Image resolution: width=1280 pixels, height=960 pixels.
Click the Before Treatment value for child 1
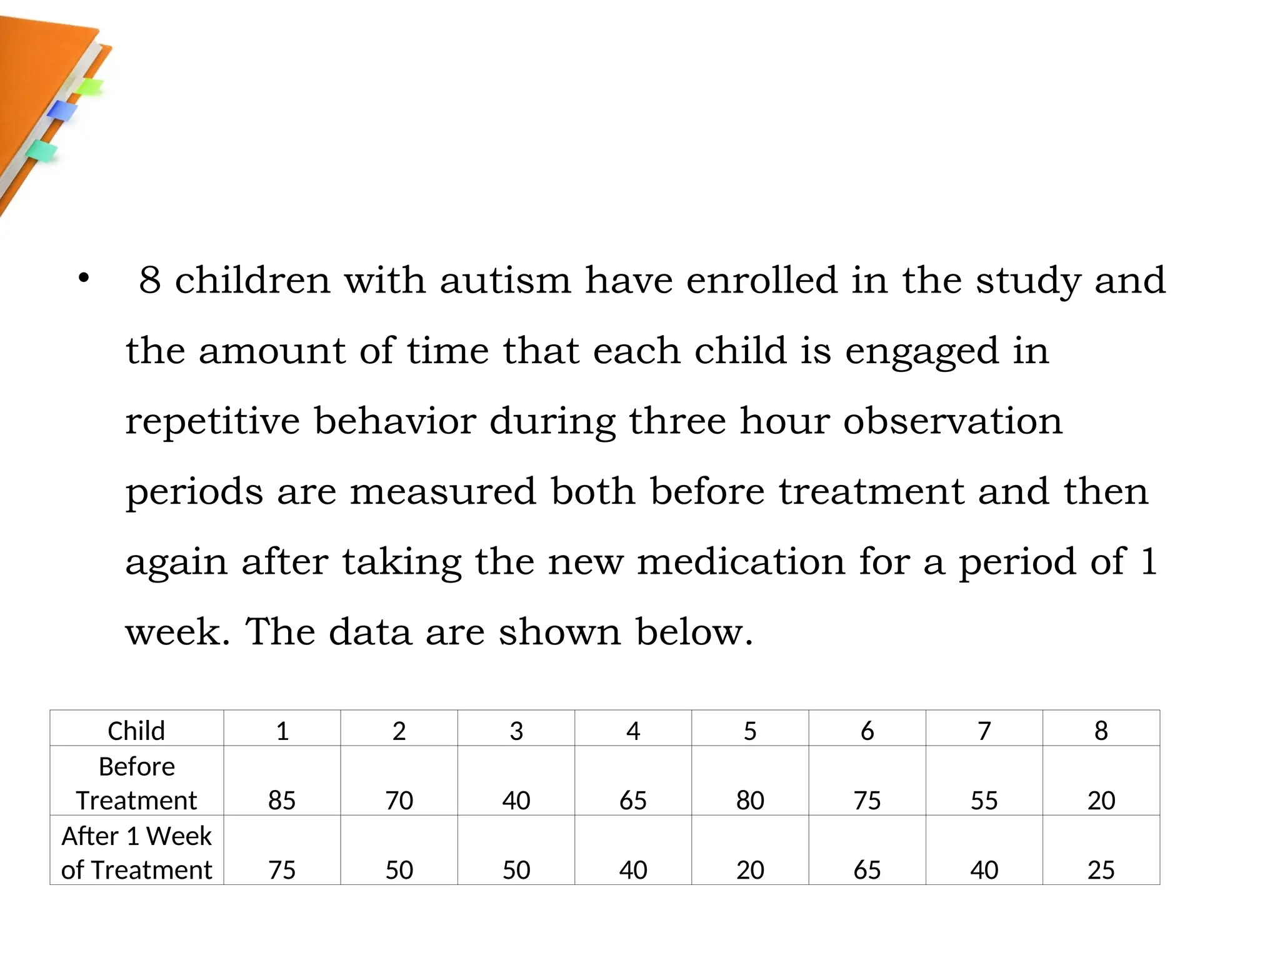point(282,800)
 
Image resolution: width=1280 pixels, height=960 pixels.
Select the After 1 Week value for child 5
point(750,869)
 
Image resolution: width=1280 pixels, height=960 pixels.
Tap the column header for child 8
point(1101,731)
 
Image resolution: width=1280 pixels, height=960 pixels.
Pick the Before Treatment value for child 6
point(867,800)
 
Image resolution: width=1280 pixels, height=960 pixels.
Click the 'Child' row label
point(136,731)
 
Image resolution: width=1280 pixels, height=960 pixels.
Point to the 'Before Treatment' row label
point(136,783)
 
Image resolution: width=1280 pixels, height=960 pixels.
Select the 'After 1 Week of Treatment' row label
point(136,852)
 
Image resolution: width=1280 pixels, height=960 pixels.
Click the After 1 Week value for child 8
point(1101,869)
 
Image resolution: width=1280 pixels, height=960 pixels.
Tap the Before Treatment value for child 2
point(399,800)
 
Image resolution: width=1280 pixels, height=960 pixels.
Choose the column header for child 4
point(633,731)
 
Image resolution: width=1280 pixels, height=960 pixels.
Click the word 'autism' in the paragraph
point(505,280)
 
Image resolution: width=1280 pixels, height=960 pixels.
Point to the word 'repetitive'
point(212,421)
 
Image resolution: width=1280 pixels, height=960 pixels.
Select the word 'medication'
point(741,561)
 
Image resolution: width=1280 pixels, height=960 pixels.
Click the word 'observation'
point(952,421)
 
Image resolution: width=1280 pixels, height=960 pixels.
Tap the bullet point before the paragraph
point(84,278)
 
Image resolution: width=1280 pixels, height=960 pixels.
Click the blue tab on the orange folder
point(62,111)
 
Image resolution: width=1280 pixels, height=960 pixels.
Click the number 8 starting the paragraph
point(150,280)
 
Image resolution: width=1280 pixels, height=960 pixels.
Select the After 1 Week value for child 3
point(516,869)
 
